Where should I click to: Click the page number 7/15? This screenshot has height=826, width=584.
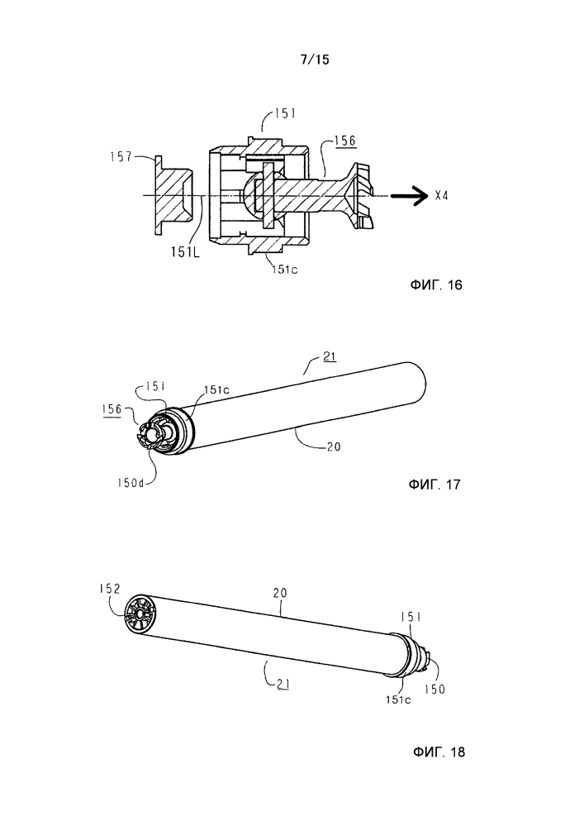point(315,60)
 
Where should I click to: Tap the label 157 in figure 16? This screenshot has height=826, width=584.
point(121,156)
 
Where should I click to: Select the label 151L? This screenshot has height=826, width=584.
point(185,252)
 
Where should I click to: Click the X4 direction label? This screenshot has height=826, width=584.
point(441,196)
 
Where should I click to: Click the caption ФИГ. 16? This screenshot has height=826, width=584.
point(436,285)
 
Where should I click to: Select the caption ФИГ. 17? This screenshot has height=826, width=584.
point(434,485)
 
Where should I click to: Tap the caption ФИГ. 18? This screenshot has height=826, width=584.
point(439,752)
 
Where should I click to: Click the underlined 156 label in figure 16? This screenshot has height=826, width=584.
point(345,141)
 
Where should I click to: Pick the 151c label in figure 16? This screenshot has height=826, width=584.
point(285,270)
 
